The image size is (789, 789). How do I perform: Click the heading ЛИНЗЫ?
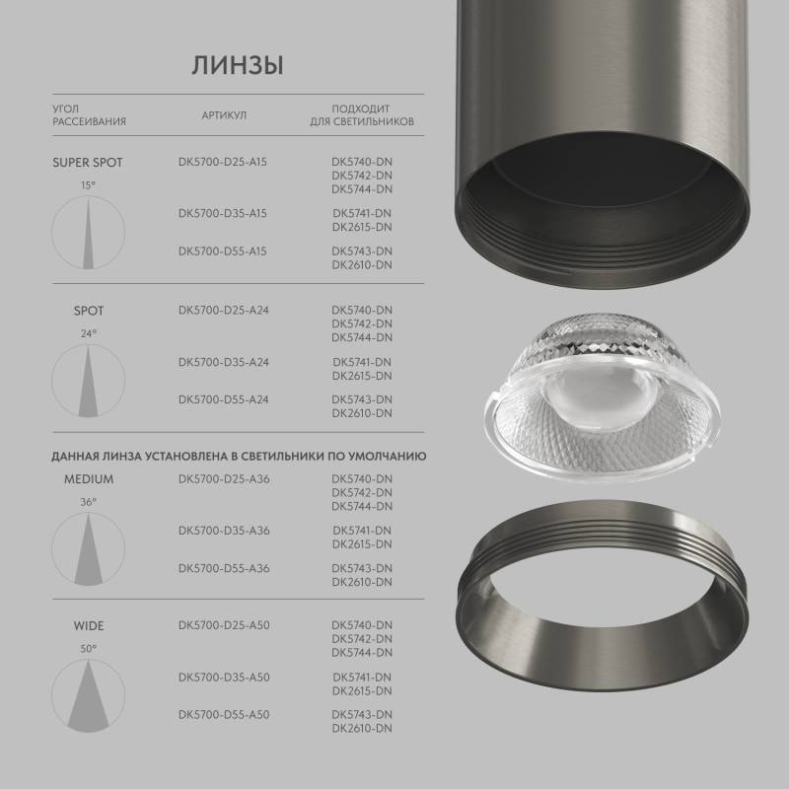coord(237,66)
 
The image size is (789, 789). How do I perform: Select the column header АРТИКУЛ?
coord(224,115)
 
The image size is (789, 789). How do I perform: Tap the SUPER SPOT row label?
coord(88,163)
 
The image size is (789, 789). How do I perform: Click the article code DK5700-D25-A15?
coord(223,162)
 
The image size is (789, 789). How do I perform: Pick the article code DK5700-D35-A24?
coord(224,362)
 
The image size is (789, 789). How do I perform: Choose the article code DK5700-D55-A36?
coord(224,568)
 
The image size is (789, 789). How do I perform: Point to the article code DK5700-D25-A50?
coord(224,625)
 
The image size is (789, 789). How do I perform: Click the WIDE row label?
coord(88,625)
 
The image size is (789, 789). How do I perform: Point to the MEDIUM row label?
coord(89,479)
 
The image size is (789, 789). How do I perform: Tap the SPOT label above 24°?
coord(89,311)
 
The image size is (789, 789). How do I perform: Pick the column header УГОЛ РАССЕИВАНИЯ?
coord(89,115)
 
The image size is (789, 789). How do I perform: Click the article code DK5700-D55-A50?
coord(224,714)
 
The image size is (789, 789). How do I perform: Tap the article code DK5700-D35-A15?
coord(223,213)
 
